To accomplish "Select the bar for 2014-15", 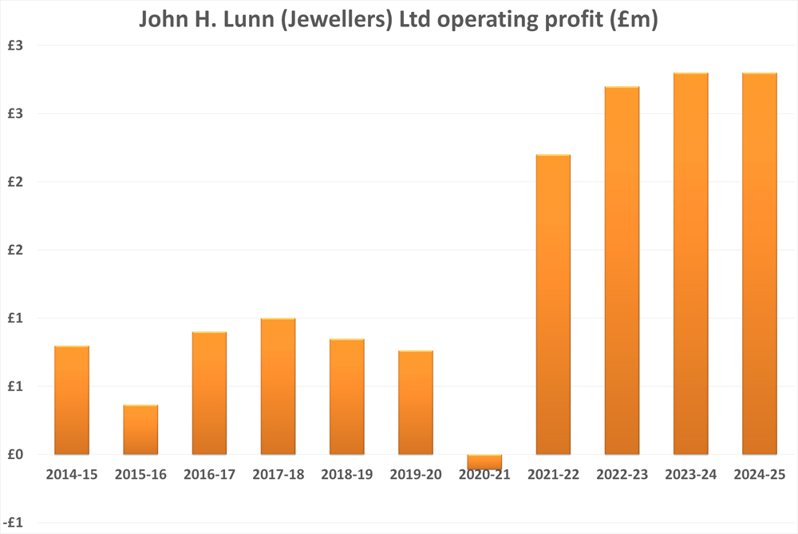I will [x=72, y=400].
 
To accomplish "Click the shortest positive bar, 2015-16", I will [x=140, y=429].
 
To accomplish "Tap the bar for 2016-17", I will [x=209, y=393].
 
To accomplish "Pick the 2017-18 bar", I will [x=279, y=386].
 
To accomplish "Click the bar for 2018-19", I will [x=347, y=397].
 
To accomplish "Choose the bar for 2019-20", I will [x=416, y=402].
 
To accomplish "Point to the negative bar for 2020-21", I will [x=484, y=461].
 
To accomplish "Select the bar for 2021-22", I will [x=553, y=304].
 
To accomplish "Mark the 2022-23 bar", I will [x=622, y=270].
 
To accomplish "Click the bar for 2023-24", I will [x=691, y=263].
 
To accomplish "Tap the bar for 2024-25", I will [x=760, y=263].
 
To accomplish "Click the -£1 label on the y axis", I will [x=16, y=523].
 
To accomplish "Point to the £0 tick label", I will [x=17, y=455].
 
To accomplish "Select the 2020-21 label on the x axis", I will [x=484, y=475].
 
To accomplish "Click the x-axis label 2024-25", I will [x=760, y=475].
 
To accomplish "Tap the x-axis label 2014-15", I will [x=72, y=475].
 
